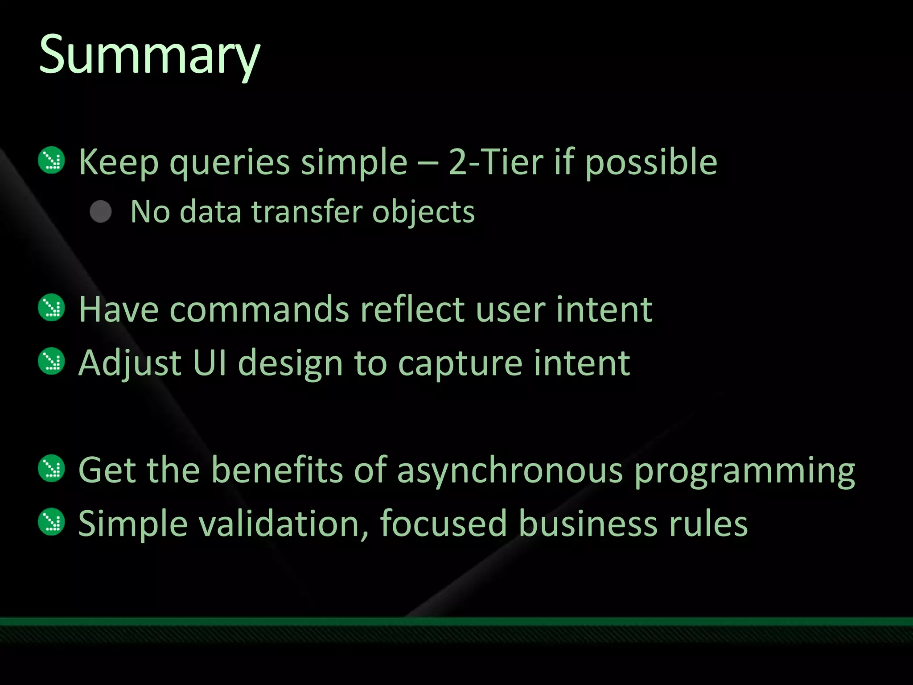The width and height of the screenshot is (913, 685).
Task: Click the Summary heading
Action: click(x=149, y=56)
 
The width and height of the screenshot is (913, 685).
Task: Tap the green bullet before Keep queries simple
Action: click(x=52, y=160)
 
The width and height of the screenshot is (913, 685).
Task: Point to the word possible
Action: click(x=651, y=163)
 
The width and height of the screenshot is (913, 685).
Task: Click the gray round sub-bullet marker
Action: click(x=101, y=211)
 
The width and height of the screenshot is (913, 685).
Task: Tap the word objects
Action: click(x=423, y=212)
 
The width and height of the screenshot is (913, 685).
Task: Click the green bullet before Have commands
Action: click(x=52, y=307)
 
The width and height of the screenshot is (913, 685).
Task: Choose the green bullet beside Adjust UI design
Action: click(x=52, y=361)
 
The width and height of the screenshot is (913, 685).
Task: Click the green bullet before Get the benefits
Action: click(x=52, y=468)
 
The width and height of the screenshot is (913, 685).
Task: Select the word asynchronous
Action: click(x=509, y=471)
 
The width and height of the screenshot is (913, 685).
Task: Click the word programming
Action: click(x=744, y=472)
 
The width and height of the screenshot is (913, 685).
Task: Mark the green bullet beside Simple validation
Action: click(x=52, y=521)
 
